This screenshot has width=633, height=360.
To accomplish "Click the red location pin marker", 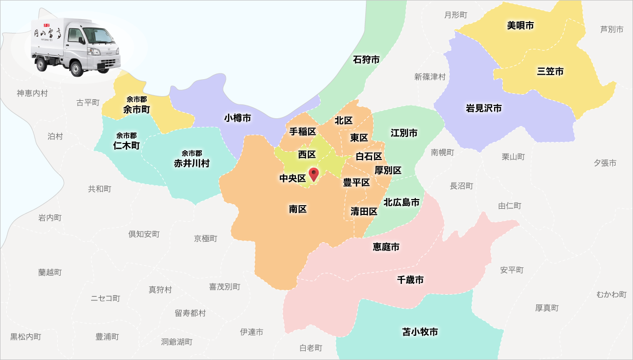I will pyautogui.click(x=313, y=174).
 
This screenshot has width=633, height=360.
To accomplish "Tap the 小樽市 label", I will pyautogui.click(x=238, y=118).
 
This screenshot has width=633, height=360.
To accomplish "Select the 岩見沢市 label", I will pyautogui.click(x=484, y=108).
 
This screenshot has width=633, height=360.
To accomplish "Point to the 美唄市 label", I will pyautogui.click(x=520, y=25).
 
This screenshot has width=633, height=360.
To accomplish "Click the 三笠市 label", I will pyautogui.click(x=550, y=71).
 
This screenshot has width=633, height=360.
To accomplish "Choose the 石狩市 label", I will pyautogui.click(x=366, y=60).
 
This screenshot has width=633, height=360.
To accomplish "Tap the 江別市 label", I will pyautogui.click(x=404, y=133).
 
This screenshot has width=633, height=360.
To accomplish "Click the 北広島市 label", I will pyautogui.click(x=401, y=202).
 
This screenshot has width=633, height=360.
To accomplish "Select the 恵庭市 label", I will pyautogui.click(x=386, y=247).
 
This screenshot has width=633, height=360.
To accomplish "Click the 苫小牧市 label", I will pyautogui.click(x=420, y=332).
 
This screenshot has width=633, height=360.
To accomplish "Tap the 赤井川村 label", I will pyautogui.click(x=191, y=163).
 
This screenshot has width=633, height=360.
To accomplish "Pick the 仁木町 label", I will pyautogui.click(x=127, y=145).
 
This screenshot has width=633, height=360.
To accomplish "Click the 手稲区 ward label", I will pyautogui.click(x=303, y=131).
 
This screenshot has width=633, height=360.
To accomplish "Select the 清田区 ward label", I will pyautogui.click(x=364, y=211).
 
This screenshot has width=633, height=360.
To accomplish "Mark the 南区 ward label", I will pyautogui.click(x=297, y=209).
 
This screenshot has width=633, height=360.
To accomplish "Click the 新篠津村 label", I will pyautogui.click(x=430, y=77).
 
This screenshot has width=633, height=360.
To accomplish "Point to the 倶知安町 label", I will pyautogui.click(x=144, y=234).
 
